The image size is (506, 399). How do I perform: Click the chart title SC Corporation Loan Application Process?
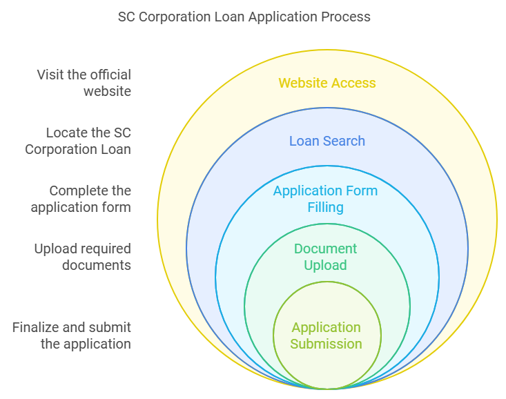(x=244, y=17)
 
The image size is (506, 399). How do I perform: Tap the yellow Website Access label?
(x=327, y=83)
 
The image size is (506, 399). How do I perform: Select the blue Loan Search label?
(x=327, y=141)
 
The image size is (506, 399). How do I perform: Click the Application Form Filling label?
(x=326, y=199)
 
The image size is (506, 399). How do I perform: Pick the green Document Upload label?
(x=326, y=257)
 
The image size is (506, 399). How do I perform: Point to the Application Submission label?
(x=326, y=335)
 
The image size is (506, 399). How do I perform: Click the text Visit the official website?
(x=84, y=83)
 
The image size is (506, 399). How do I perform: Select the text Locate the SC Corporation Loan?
(x=78, y=141)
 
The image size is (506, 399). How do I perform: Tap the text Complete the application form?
(x=81, y=199)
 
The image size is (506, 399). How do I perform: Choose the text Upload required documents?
(x=82, y=257)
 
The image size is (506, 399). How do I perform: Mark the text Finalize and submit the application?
(x=72, y=335)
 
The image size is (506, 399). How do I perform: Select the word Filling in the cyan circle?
(x=326, y=207)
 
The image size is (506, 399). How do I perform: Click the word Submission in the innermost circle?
(x=326, y=344)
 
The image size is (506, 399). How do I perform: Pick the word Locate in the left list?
(x=67, y=133)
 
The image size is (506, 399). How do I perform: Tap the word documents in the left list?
(x=96, y=265)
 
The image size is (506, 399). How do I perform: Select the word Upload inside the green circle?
(x=326, y=265)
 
